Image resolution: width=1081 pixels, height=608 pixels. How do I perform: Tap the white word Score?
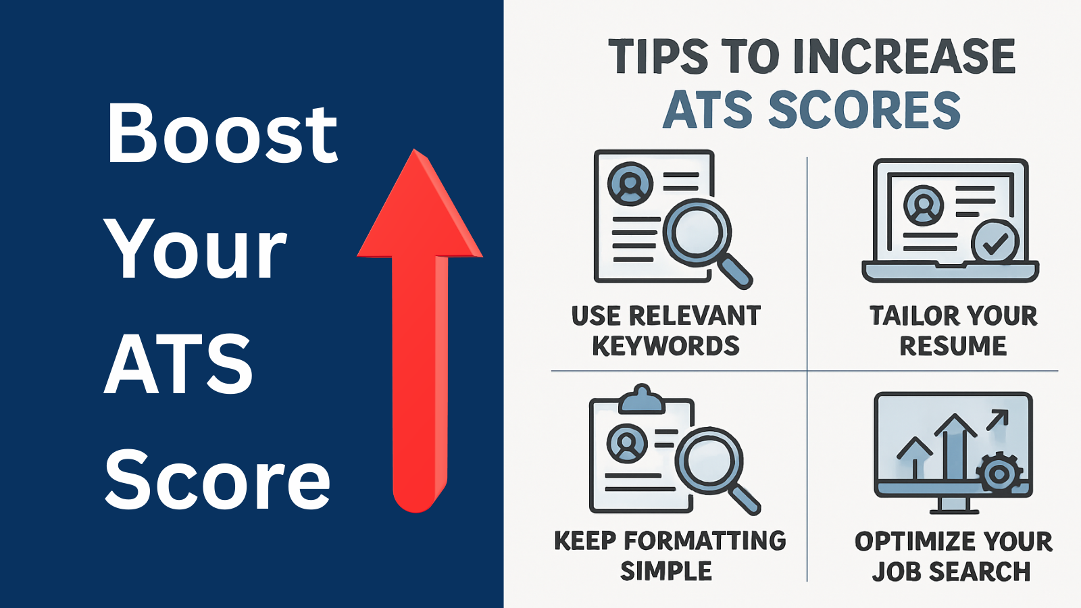[218, 480]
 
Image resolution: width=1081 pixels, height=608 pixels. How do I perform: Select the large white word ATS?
[178, 365]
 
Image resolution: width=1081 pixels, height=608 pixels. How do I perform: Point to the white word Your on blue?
[195, 249]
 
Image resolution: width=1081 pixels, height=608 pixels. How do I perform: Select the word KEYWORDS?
[665, 346]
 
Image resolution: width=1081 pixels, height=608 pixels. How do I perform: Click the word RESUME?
[953, 346]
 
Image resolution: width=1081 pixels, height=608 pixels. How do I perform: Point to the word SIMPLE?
[665, 572]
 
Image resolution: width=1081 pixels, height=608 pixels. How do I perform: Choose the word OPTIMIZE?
[905, 542]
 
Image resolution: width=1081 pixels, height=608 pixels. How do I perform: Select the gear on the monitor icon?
[999, 474]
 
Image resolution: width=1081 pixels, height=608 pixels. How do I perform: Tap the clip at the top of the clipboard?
[641, 400]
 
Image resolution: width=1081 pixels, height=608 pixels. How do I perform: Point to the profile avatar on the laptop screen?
[923, 205]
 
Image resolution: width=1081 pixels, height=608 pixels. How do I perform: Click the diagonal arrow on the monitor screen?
[997, 420]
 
